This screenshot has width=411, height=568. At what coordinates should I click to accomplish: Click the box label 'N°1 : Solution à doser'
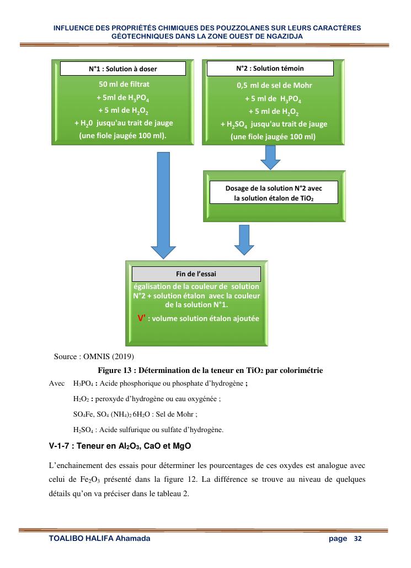coord(123,69)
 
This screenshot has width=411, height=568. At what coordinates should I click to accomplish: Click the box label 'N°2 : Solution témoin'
coord(270,69)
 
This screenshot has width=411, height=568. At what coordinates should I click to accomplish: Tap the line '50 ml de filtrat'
coord(124,85)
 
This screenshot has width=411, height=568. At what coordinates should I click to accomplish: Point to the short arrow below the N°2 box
coord(270,157)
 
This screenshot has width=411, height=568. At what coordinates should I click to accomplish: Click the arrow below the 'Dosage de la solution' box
coord(242,236)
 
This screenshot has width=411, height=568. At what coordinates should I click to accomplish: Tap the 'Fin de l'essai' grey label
coord(196,274)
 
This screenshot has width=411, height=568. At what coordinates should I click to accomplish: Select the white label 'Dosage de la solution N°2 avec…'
coord(274,192)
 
